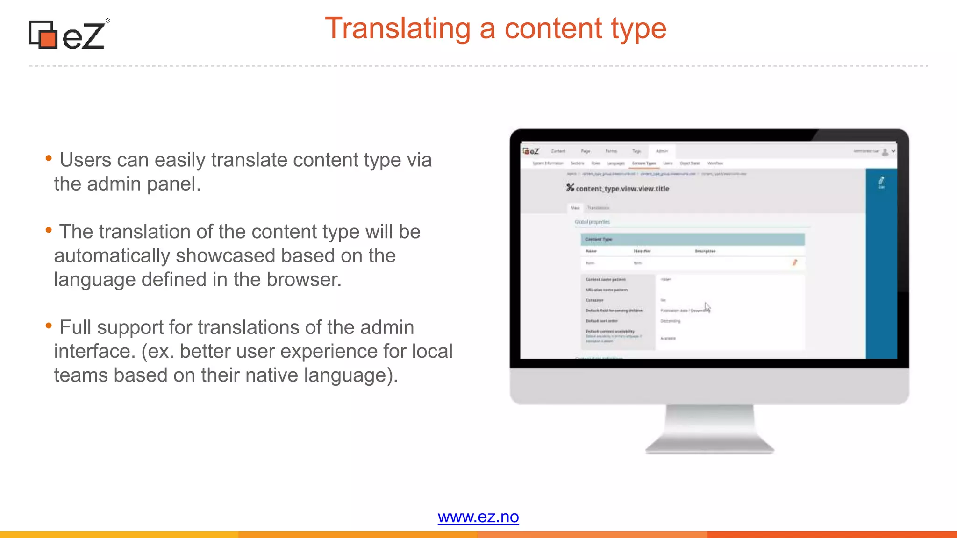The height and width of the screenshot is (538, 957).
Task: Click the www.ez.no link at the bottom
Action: click(x=478, y=517)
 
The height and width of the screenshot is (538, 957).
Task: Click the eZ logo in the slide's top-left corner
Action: click(x=68, y=35)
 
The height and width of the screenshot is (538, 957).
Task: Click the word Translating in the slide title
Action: click(x=398, y=28)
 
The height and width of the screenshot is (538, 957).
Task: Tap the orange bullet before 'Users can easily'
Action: click(x=49, y=158)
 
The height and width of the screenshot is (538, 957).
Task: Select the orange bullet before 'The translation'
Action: click(x=49, y=230)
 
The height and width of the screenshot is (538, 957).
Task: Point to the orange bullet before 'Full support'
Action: click(x=49, y=326)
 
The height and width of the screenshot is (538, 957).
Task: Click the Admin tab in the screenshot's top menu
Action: click(x=662, y=151)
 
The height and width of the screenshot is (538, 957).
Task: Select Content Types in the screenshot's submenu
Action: click(x=644, y=163)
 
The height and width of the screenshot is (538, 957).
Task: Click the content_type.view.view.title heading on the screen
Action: click(x=622, y=189)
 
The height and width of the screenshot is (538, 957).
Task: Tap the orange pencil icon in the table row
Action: click(x=794, y=262)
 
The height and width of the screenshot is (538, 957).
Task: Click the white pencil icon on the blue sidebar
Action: click(x=881, y=181)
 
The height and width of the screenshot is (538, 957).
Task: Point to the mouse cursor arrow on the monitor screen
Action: click(x=707, y=307)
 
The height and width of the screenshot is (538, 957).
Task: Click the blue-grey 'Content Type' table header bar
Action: click(x=692, y=240)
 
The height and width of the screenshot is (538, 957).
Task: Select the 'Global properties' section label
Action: click(x=592, y=222)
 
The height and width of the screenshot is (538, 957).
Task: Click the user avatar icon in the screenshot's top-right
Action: click(x=885, y=152)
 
